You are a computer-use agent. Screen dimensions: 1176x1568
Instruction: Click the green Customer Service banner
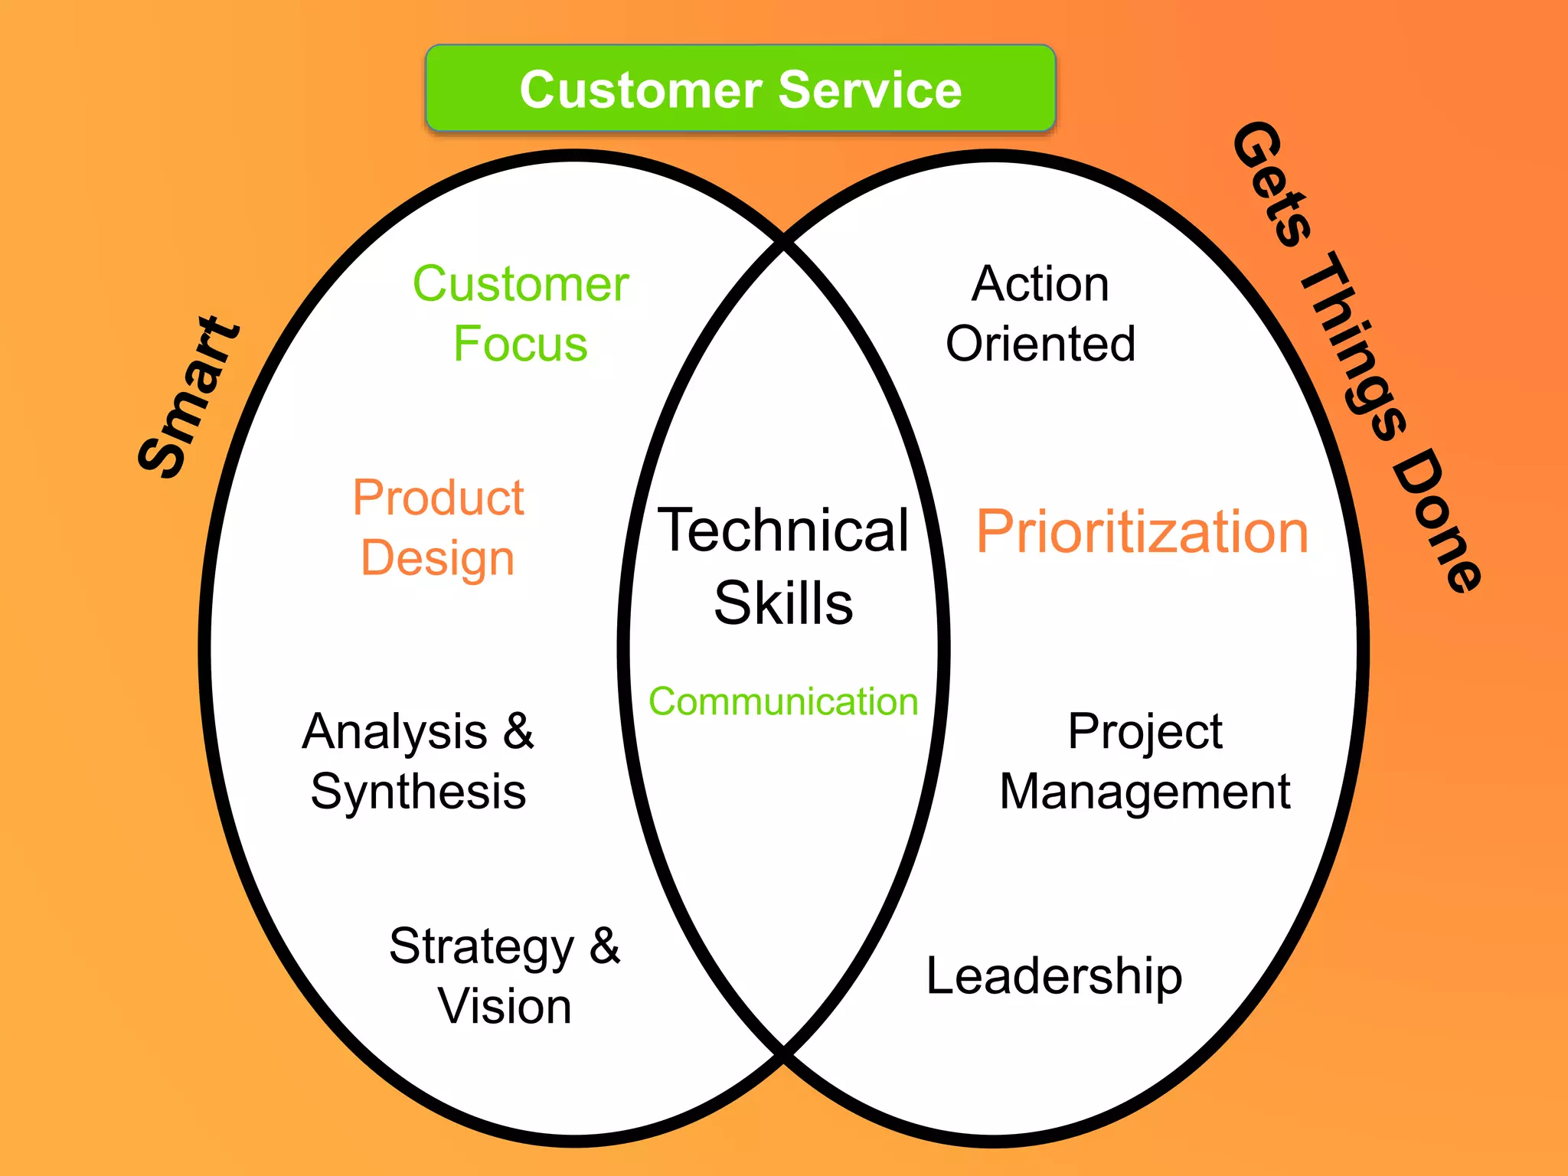coord(740,89)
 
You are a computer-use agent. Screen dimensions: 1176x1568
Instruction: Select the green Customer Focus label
coord(521,313)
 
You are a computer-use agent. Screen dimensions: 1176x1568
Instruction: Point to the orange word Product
coord(438,498)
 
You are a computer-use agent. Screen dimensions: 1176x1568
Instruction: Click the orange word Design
coord(437,557)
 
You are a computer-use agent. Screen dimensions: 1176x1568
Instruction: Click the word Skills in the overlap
coord(783,603)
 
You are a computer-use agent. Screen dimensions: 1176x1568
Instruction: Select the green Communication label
coord(783,701)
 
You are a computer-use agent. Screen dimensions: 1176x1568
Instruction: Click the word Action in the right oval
coord(1040,284)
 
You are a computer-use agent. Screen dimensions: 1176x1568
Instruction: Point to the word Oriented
coord(1040,343)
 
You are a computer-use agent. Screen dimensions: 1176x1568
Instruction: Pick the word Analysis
coord(395,732)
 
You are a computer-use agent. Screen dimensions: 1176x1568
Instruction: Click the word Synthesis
coord(418,792)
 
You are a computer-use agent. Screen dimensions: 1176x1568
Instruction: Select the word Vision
coord(505,1006)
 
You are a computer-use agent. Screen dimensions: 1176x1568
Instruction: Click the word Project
coord(1145,732)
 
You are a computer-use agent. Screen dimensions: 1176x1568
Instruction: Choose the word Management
coord(1145,792)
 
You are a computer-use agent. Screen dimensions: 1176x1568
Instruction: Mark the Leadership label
coord(1054,977)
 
